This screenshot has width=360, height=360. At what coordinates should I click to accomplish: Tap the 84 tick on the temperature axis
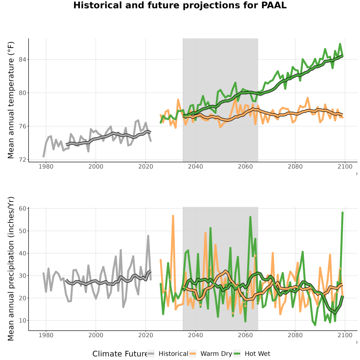pos(22,60)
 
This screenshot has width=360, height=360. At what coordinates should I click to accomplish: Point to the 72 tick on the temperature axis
pos(22,160)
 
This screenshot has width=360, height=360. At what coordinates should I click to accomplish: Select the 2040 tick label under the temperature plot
pos(195,166)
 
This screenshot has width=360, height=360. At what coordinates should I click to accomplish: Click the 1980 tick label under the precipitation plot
pos(46,335)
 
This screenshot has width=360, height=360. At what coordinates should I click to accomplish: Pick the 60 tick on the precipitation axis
pos(22,208)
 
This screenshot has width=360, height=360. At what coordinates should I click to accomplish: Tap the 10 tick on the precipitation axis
pos(22,320)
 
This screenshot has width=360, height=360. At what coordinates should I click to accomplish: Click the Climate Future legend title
pos(120,354)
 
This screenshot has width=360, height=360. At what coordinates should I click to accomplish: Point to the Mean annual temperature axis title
pos(11,100)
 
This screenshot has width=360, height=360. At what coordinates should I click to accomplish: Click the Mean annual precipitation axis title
pos(11,269)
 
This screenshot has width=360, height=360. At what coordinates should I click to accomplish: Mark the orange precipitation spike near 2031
pos(173,216)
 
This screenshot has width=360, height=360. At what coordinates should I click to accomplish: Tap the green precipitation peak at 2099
pos(342,213)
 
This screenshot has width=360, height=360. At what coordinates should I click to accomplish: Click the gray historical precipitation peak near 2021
pos(148,236)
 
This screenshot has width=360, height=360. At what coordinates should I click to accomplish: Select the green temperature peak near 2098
pos(340,44)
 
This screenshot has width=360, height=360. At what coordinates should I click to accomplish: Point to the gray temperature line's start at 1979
pos(43,156)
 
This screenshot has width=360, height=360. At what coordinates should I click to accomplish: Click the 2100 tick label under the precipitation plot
pos(345,335)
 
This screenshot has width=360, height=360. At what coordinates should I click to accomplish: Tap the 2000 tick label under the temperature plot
pos(96,166)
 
